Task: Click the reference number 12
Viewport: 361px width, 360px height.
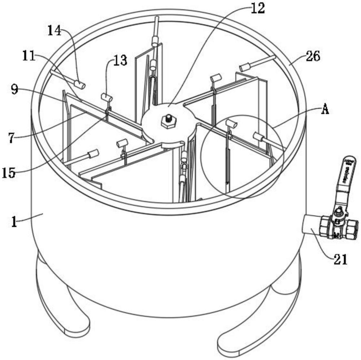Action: click(257, 8)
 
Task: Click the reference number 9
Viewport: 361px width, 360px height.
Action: click(14, 90)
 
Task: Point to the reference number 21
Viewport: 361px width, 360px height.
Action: click(340, 259)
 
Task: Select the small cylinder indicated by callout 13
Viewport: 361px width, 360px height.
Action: click(107, 97)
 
